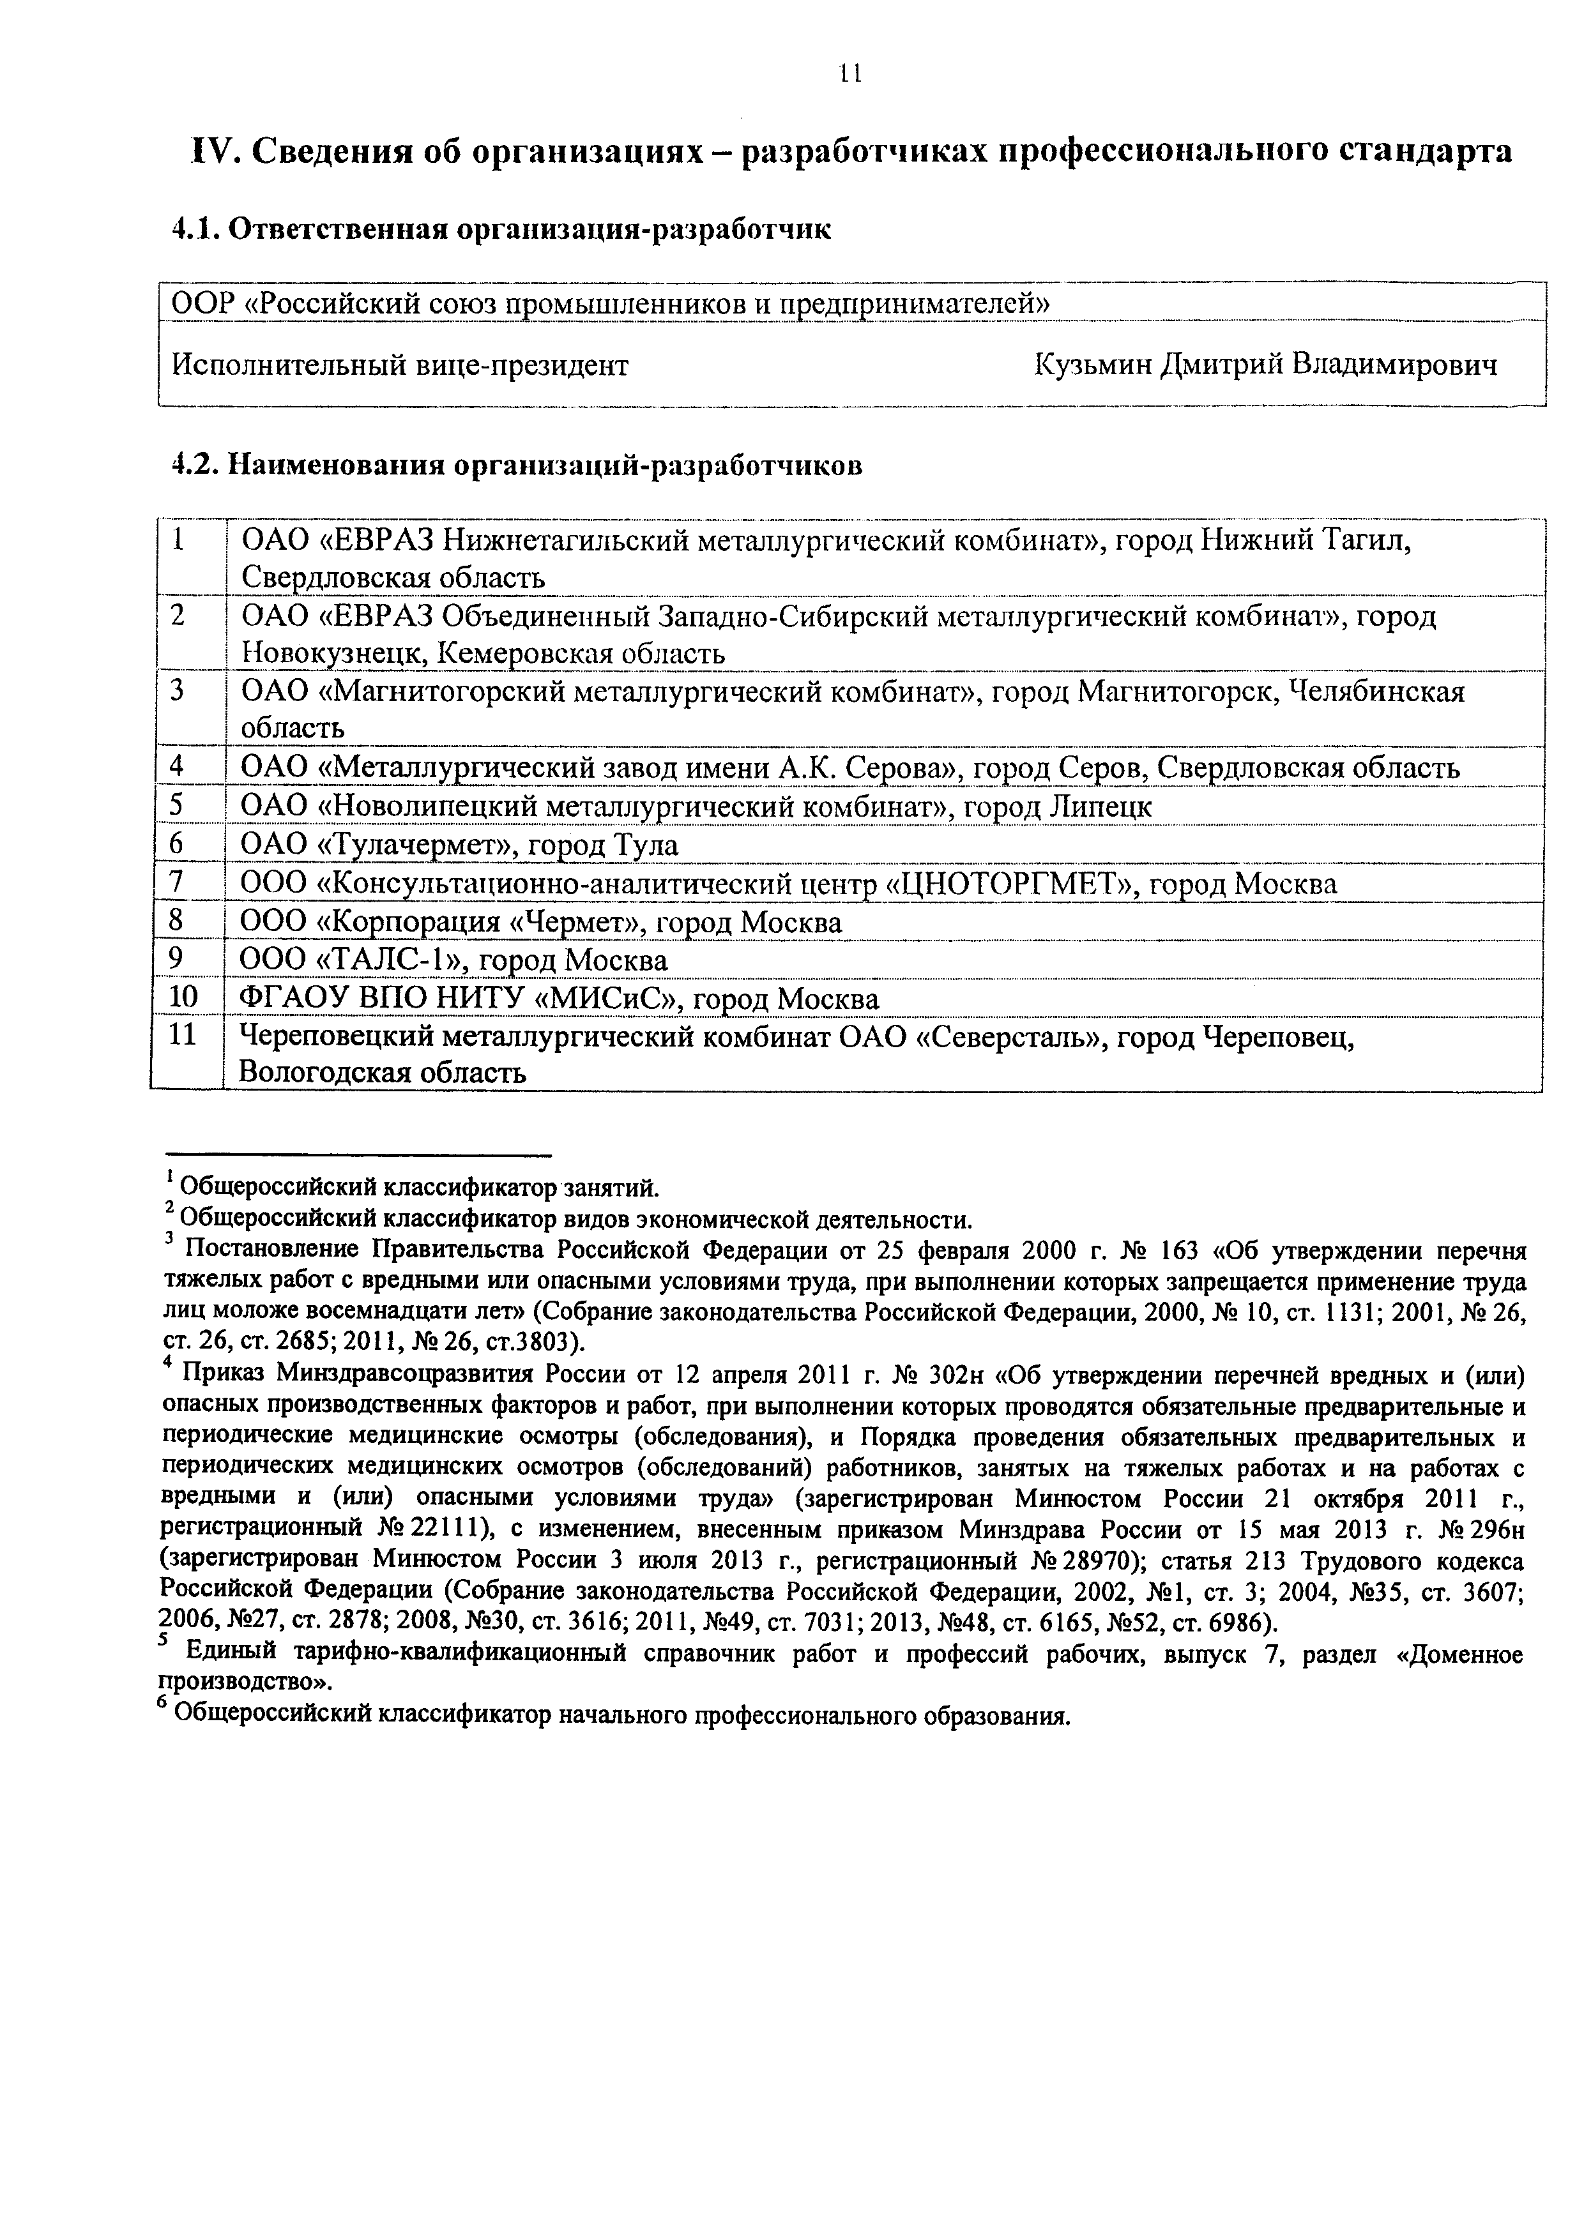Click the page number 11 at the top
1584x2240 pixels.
pyautogui.click(x=849, y=74)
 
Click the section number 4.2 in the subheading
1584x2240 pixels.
pyautogui.click(x=194, y=465)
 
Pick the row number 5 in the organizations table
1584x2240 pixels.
pyautogui.click(x=177, y=806)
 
